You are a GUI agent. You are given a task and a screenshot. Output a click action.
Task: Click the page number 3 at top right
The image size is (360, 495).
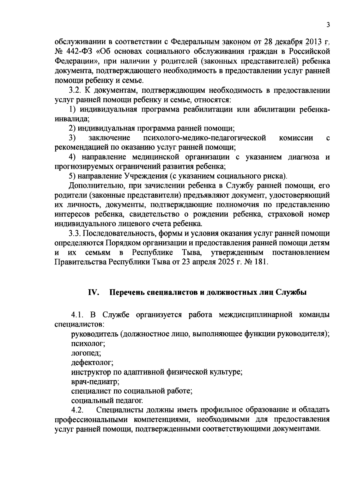[328, 25]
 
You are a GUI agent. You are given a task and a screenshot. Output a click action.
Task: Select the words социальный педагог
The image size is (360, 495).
[107, 401]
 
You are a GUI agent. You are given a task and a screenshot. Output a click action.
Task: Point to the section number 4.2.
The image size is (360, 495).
[77, 410]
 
